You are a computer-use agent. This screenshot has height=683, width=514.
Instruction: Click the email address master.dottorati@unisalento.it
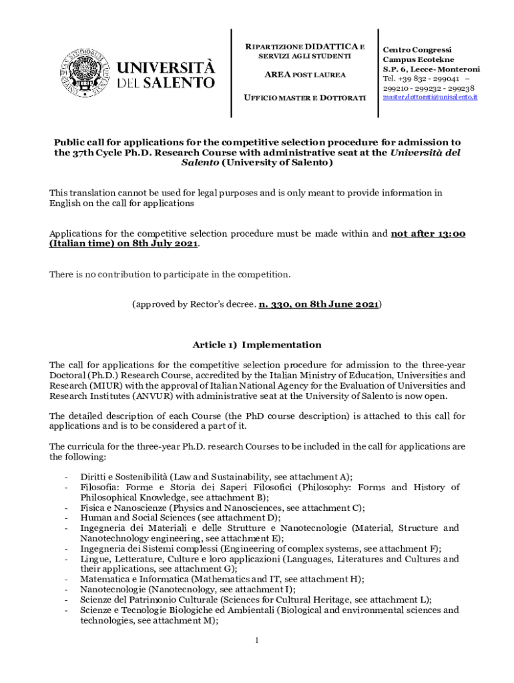pyautogui.click(x=430, y=97)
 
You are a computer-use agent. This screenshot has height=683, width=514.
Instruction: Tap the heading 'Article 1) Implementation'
pyautogui.click(x=257, y=345)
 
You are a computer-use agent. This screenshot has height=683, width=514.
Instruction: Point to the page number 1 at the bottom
pyautogui.click(x=257, y=640)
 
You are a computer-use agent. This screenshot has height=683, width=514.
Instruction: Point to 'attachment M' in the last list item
pyautogui.click(x=176, y=620)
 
